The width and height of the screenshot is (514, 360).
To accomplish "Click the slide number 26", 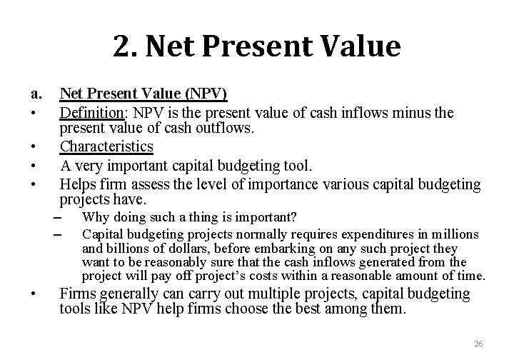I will pos(479,344).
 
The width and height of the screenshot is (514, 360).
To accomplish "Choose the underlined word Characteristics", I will pos(106,146).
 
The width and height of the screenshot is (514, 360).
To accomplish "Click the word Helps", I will pos(78,185).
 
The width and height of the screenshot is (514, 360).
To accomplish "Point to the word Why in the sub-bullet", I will pos(94,217).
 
